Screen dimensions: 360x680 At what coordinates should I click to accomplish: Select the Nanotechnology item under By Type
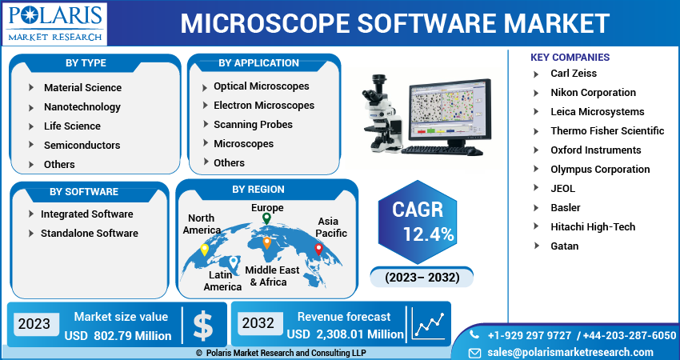(82, 106)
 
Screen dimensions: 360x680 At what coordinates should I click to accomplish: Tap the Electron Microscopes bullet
(263, 105)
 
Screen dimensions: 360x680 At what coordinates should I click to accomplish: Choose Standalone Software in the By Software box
(89, 233)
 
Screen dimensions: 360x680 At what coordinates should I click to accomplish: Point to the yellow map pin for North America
(204, 249)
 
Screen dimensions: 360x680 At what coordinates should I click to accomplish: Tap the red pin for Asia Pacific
(318, 249)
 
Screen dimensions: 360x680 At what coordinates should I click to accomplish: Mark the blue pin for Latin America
(233, 262)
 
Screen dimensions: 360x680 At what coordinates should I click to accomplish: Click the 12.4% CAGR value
(429, 234)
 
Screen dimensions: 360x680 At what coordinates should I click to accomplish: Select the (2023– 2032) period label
(422, 278)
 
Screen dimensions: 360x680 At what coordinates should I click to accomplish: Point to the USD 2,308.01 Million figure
(346, 334)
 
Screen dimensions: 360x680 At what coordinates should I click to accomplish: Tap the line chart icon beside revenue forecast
(429, 325)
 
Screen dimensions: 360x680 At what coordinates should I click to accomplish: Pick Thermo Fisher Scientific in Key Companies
(607, 130)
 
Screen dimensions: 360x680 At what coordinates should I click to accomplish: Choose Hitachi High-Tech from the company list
(593, 226)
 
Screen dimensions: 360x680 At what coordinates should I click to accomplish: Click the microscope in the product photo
(381, 116)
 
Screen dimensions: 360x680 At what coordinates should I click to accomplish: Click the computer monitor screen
(446, 110)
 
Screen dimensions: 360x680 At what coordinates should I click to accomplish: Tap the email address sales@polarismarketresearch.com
(570, 352)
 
